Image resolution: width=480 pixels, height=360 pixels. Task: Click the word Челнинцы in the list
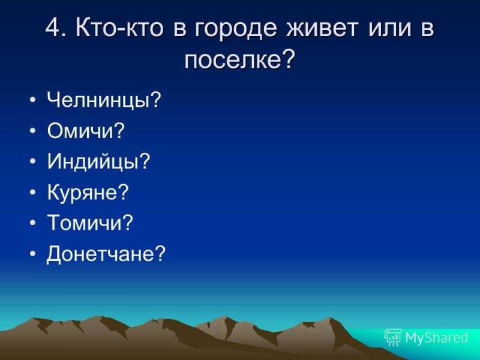pos(98,100)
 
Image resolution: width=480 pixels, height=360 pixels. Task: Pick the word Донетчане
pos(100,254)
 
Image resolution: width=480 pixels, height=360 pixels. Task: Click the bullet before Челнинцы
pos(33,100)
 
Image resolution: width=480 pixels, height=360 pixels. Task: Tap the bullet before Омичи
pos(33,131)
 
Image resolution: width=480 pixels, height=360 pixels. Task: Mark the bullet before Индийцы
pos(33,161)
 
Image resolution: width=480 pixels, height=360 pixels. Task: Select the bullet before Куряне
pos(33,192)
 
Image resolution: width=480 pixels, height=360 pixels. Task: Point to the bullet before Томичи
pos(33,223)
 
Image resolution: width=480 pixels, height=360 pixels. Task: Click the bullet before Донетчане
pos(33,253)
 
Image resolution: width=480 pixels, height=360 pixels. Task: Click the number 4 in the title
pos(53,28)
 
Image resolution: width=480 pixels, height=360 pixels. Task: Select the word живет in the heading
pos(322,28)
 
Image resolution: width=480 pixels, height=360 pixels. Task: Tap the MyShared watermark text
pos(436,338)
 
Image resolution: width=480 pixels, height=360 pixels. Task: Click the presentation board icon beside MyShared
pos(393,337)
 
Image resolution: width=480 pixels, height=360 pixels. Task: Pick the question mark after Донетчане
pos(160,253)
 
